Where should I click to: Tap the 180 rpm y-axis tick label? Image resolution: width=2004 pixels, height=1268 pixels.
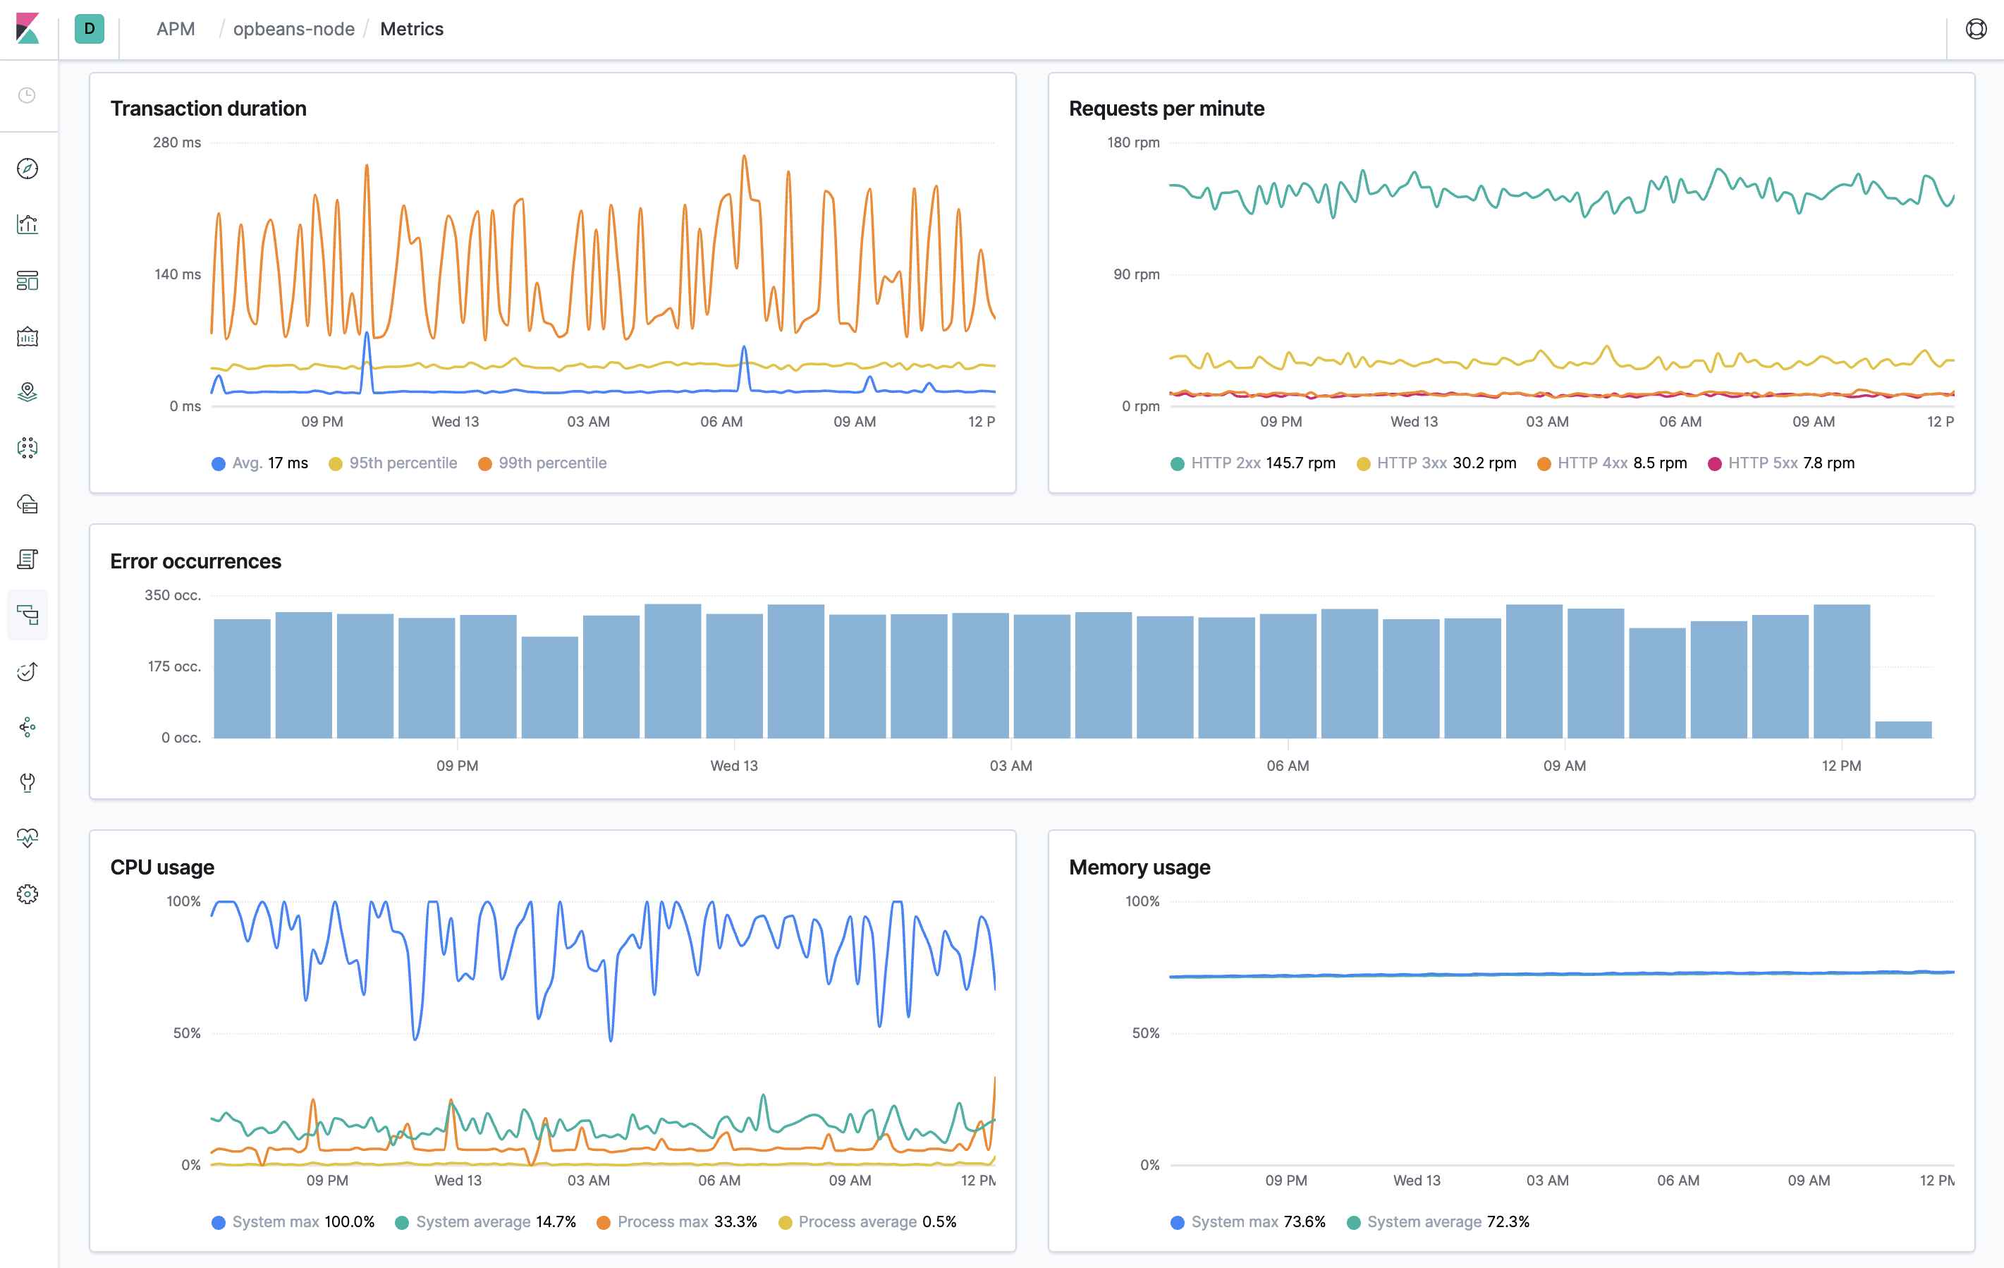[1132, 142]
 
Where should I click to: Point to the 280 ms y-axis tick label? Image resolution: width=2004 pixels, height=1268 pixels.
[176, 142]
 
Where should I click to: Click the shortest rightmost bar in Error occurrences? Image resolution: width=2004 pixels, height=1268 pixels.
[1902, 729]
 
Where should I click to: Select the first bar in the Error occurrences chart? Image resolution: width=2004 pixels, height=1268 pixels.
[242, 678]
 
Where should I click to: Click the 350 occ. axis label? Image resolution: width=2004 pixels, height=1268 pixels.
[172, 595]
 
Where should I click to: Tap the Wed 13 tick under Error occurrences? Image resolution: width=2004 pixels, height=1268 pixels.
[733, 765]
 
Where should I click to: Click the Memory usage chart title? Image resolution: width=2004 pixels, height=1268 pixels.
[1139, 867]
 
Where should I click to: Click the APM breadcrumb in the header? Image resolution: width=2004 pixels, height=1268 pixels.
[176, 29]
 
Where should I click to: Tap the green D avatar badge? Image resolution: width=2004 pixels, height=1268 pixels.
[89, 29]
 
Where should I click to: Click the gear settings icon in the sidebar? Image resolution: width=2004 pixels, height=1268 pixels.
[28, 894]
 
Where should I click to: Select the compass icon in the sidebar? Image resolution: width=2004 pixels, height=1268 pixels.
[28, 168]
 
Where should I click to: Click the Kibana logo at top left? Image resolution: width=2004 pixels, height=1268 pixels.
[28, 29]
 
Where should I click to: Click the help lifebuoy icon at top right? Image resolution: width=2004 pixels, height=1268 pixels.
[1976, 29]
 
